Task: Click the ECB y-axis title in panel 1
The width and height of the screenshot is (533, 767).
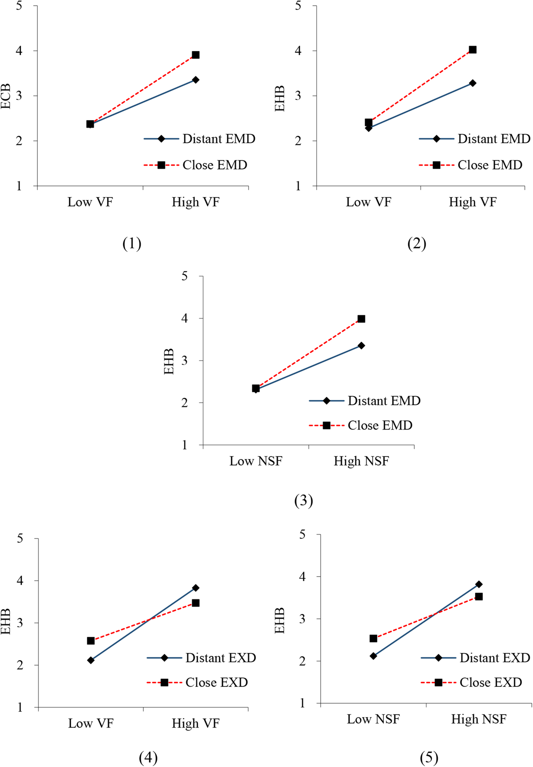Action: (x=6, y=97)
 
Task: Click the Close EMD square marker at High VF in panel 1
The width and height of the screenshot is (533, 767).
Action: (x=196, y=55)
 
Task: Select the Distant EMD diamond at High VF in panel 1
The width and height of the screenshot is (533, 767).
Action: (x=196, y=80)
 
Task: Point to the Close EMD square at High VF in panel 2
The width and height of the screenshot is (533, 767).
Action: (x=473, y=50)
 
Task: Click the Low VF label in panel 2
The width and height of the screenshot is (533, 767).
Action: (x=368, y=202)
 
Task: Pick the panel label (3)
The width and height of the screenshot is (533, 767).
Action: (x=304, y=501)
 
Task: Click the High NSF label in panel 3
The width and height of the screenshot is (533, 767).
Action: (x=361, y=461)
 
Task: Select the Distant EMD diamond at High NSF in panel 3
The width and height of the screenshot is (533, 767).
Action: (x=361, y=346)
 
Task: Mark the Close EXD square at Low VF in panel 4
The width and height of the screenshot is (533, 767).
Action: (x=90, y=641)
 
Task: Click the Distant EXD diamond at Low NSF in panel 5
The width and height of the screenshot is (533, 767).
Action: (x=373, y=656)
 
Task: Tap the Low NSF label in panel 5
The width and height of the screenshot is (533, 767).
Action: (x=373, y=719)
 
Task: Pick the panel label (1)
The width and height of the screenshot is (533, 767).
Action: (x=132, y=244)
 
